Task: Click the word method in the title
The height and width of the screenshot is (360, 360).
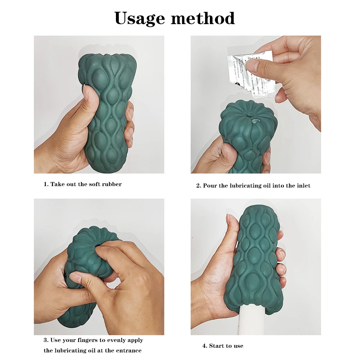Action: click(x=203, y=18)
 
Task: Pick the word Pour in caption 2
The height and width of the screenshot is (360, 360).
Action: click(x=210, y=186)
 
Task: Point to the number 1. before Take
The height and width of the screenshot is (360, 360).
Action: click(x=46, y=184)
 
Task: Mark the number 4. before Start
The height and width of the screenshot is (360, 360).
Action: click(x=205, y=346)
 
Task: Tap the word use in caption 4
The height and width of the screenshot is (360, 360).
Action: click(x=238, y=346)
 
